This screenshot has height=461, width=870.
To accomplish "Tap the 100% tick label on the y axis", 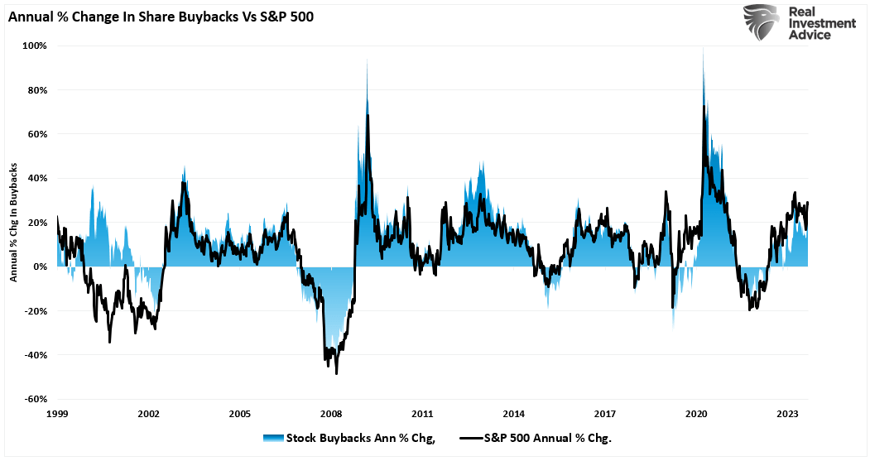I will tap(35, 46).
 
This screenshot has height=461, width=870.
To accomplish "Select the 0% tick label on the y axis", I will tap(39, 267).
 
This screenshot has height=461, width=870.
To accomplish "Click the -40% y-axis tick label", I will tap(35, 355).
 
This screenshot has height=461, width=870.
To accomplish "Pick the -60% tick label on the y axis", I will tap(35, 399).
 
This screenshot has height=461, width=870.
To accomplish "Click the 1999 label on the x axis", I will tap(57, 413).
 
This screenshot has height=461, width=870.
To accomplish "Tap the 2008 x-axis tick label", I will tap(331, 413).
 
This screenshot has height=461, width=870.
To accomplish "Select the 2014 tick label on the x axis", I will tap(513, 413).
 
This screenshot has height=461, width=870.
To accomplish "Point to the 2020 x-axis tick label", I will tap(696, 413).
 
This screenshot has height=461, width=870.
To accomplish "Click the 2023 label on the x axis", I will tap(787, 413).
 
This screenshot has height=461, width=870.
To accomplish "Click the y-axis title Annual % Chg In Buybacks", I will tap(14, 222).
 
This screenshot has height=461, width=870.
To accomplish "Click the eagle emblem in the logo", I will tap(761, 22).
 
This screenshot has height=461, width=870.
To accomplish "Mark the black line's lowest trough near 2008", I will tap(336, 373).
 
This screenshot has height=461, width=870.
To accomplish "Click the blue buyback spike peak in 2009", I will tap(367, 62).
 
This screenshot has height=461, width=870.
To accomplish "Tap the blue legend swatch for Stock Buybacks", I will tap(272, 438).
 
